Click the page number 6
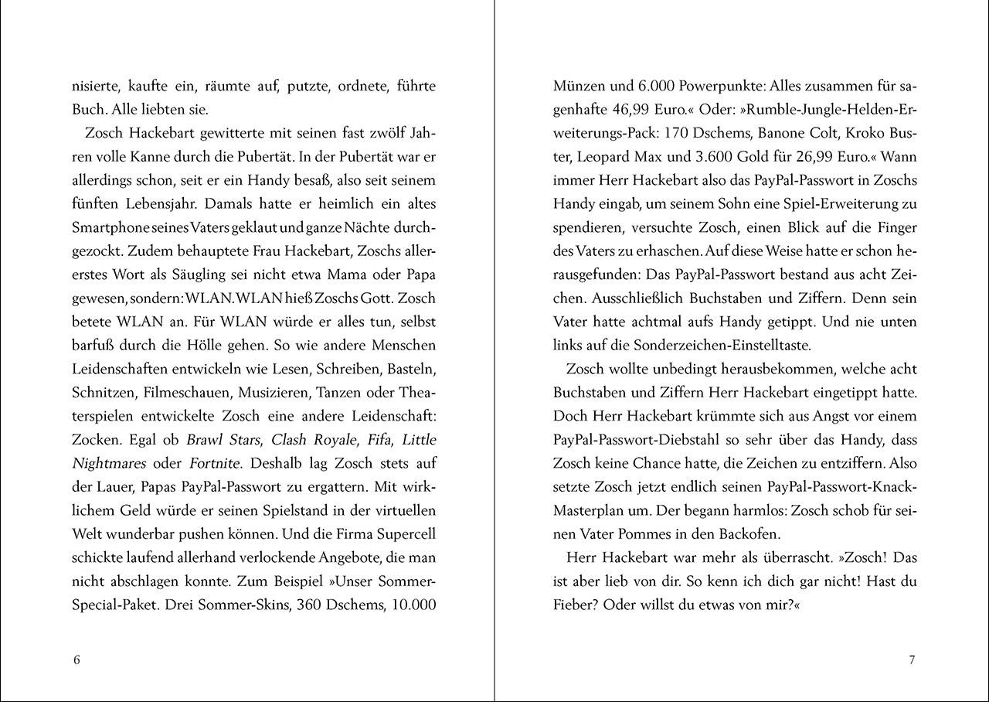76,659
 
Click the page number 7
912,659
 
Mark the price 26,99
807,157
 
